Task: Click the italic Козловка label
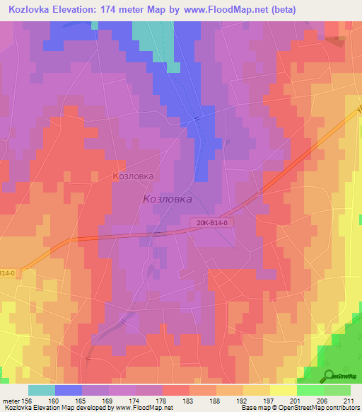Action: (x=168, y=200)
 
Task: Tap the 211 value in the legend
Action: (x=349, y=400)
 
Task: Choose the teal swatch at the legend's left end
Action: (x=42, y=390)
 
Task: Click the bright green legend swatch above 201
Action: (x=310, y=390)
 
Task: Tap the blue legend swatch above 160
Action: (x=69, y=390)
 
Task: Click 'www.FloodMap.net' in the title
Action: (x=221, y=9)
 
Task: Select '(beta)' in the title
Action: (x=281, y=9)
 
